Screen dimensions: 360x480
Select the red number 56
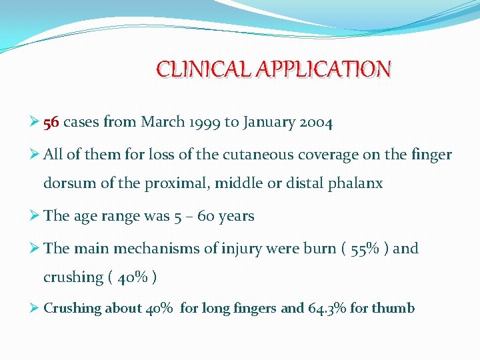(x=51, y=123)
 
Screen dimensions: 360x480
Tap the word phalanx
(x=356, y=183)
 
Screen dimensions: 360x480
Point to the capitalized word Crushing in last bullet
(x=72, y=308)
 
